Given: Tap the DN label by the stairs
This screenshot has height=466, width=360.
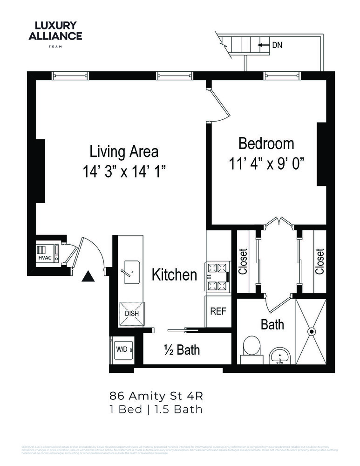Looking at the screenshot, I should [x=277, y=45].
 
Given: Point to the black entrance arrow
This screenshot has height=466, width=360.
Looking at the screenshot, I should [x=88, y=277].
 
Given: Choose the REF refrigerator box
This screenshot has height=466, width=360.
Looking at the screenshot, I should [x=218, y=311].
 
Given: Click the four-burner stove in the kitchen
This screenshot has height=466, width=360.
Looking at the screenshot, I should [x=217, y=277].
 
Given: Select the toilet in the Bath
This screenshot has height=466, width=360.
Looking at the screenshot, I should [x=252, y=349].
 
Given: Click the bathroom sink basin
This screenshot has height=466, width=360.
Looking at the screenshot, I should [x=279, y=357].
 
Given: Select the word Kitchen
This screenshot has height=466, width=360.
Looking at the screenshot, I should [x=175, y=275].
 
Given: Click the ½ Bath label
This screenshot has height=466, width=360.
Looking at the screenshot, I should [x=182, y=349].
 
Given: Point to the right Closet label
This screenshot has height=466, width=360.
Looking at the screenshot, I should [x=319, y=261].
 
